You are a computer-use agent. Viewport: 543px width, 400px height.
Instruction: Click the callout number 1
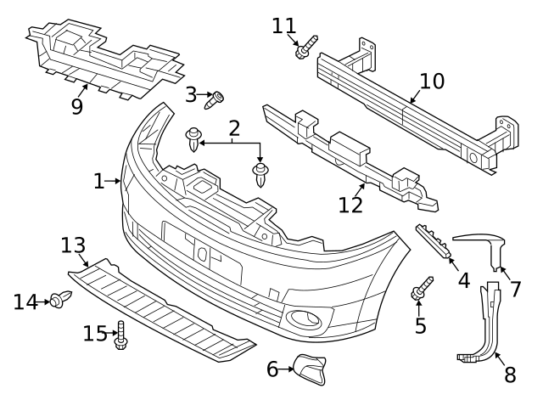click(98, 180)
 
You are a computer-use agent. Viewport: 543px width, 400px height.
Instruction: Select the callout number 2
click(234, 128)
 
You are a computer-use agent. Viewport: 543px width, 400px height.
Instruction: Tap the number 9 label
click(78, 106)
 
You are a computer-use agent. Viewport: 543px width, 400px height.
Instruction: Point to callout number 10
click(432, 82)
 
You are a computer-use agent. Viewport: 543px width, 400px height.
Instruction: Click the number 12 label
click(350, 205)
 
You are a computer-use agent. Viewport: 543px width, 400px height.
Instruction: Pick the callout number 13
click(75, 245)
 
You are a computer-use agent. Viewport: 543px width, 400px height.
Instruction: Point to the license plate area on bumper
click(203, 251)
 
